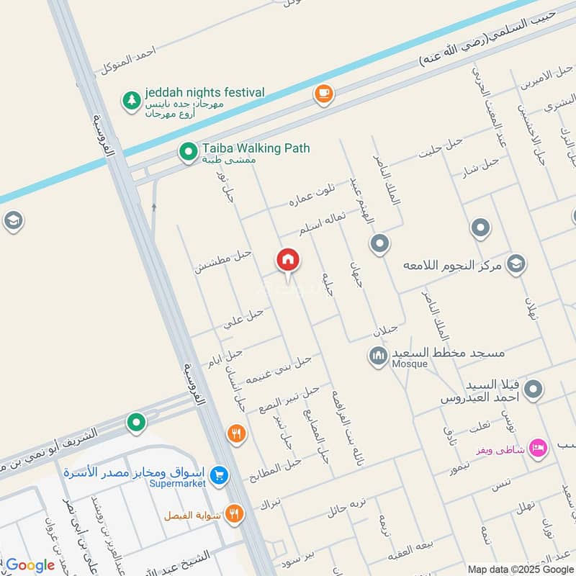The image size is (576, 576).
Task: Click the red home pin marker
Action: point(288,261)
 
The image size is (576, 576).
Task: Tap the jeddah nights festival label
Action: point(204,93)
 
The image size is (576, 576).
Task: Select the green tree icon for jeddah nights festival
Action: point(131,100)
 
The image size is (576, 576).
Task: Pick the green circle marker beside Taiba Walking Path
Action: point(188,151)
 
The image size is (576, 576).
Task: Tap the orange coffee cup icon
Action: point(323,94)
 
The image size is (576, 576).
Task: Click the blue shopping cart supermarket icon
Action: point(220,475)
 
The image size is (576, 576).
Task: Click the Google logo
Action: point(30,565)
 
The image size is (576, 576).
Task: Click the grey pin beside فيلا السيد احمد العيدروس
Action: point(533,390)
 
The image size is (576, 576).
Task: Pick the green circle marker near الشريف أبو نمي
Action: point(136,423)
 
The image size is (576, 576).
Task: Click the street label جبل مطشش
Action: point(222,260)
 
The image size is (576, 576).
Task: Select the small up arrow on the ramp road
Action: point(154,207)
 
